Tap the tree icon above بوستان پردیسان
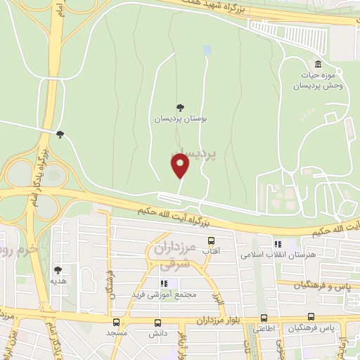click(180, 108)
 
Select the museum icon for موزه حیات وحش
click(319, 64)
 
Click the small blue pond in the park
click(207, 50)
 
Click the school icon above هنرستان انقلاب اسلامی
click(269, 243)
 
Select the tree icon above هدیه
click(58, 270)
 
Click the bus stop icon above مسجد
click(116, 321)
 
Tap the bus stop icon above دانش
click(158, 322)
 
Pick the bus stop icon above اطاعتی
click(264, 317)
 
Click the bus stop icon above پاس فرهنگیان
click(311, 317)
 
